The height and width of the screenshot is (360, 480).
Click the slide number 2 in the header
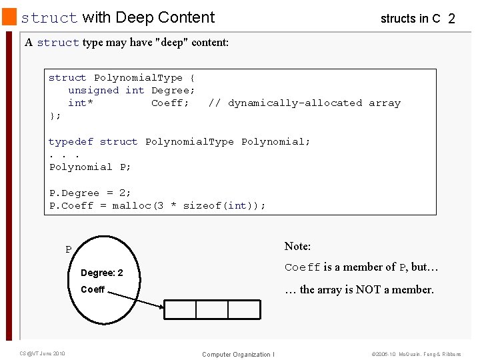coord(451,19)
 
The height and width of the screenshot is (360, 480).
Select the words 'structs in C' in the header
coord(410,19)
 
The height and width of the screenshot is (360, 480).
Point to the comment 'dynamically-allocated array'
coord(305,103)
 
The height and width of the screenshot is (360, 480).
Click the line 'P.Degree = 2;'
coord(90,193)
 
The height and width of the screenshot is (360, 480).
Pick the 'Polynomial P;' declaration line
coord(90,167)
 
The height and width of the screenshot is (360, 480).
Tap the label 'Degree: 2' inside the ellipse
coord(101,273)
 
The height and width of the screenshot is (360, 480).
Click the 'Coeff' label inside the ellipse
coord(93,289)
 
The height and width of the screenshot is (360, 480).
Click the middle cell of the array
coord(212,310)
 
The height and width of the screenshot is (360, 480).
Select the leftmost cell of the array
coord(180,310)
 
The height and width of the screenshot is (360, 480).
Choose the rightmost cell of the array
coord(243,310)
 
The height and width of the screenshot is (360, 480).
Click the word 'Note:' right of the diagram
coord(297,247)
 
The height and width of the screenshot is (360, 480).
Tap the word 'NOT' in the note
coord(369,289)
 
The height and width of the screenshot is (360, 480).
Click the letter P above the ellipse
coord(68,250)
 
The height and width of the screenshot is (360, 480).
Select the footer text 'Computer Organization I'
coord(238,354)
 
